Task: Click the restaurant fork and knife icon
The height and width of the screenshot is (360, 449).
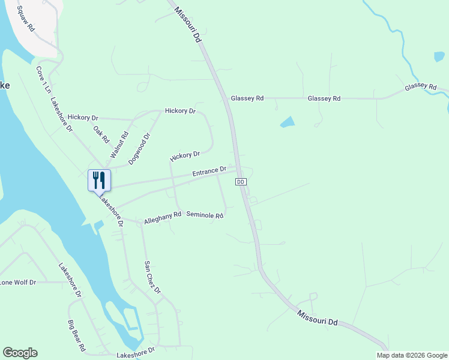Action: [x=99, y=180]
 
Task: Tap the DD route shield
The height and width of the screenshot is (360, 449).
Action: [x=241, y=181]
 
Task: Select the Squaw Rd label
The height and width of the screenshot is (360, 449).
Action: [x=26, y=19]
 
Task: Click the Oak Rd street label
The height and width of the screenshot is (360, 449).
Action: [x=101, y=133]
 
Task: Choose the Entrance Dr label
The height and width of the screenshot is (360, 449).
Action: [x=209, y=172]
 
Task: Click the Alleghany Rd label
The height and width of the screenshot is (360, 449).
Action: [x=163, y=217]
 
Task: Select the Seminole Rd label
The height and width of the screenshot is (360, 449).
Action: [x=205, y=215]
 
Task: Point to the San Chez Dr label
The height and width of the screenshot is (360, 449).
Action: [x=152, y=277]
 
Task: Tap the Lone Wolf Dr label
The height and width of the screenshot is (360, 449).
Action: [x=18, y=282]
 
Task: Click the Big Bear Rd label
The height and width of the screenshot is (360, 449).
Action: [x=77, y=336]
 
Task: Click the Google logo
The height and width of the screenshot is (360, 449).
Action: [x=20, y=353]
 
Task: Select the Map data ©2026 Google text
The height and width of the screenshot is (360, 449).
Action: [x=412, y=355]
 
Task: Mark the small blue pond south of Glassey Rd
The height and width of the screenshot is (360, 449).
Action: [x=288, y=122]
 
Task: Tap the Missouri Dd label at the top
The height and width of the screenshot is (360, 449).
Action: [x=187, y=24]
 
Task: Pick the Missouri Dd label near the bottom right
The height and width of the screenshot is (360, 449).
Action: [x=318, y=317]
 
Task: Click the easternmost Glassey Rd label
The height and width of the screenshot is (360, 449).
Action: [x=420, y=87]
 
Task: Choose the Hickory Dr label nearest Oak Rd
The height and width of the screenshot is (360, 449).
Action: [x=83, y=118]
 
